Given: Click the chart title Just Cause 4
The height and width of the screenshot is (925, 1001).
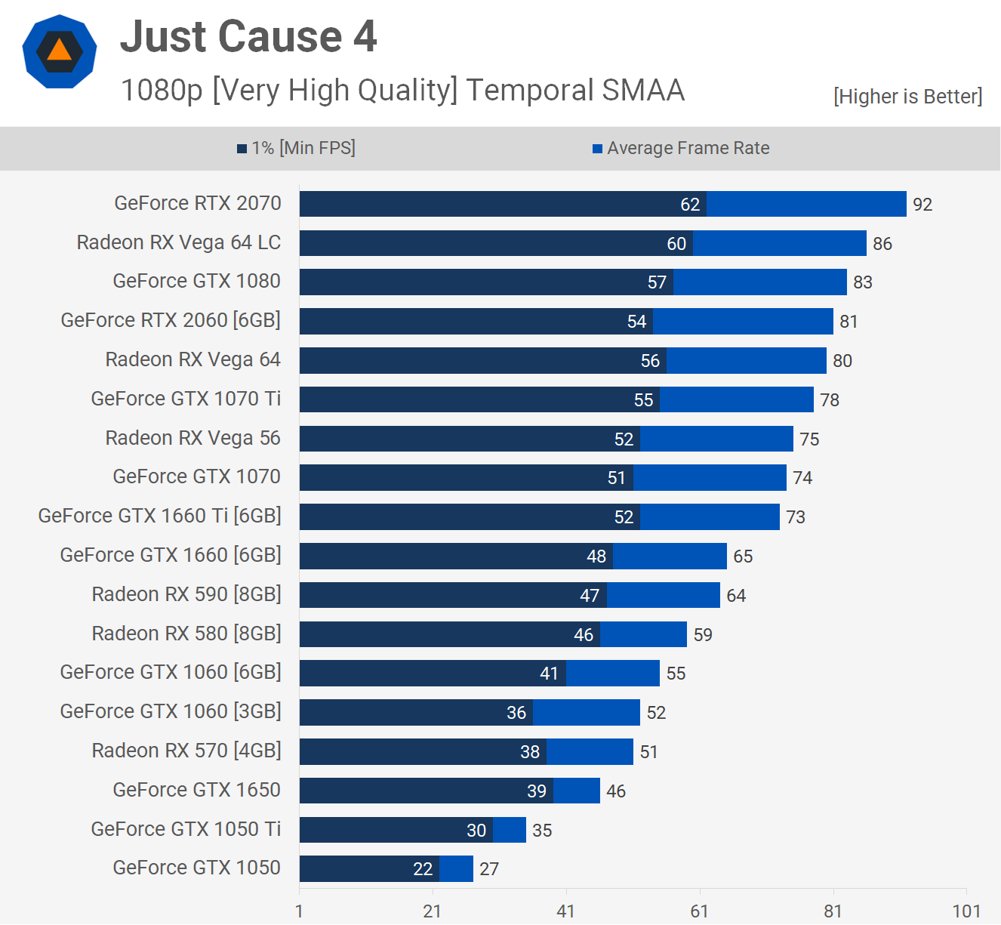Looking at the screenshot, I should pyautogui.click(x=248, y=36).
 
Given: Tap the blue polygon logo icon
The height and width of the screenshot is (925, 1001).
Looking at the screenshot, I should pyautogui.click(x=60, y=51).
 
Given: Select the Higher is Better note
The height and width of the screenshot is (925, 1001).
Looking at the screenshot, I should pyautogui.click(x=907, y=97).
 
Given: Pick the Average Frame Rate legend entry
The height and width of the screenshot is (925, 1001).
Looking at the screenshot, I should pyautogui.click(x=681, y=148).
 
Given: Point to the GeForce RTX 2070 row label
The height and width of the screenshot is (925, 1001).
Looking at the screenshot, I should pyautogui.click(x=198, y=203).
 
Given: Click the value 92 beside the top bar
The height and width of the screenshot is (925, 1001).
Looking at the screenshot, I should pyautogui.click(x=922, y=205).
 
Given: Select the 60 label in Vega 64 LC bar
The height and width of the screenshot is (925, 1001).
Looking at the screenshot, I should pyautogui.click(x=676, y=244).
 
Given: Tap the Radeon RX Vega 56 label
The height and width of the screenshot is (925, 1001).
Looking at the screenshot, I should pyautogui.click(x=193, y=438).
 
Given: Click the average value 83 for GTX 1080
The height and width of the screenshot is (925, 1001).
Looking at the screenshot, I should pyautogui.click(x=863, y=282).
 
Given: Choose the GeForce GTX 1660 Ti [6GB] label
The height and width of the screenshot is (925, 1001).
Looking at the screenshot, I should pyautogui.click(x=160, y=516).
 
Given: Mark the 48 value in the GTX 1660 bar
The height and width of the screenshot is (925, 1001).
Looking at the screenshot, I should pyautogui.click(x=596, y=557).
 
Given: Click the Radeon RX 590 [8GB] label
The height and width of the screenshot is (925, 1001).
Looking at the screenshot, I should pyautogui.click(x=186, y=594).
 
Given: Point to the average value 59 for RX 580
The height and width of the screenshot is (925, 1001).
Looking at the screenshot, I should pyautogui.click(x=703, y=635).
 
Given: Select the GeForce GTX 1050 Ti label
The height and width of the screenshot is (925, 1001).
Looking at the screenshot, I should pyautogui.click(x=186, y=829).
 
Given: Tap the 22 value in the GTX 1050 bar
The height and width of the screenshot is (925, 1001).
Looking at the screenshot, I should pyautogui.click(x=423, y=869).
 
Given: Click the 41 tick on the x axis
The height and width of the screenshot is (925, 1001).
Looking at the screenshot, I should pyautogui.click(x=566, y=911).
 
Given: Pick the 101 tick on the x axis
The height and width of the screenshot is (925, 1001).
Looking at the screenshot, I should pyautogui.click(x=966, y=911).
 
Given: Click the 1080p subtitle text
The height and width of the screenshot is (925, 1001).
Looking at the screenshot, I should pyautogui.click(x=402, y=91).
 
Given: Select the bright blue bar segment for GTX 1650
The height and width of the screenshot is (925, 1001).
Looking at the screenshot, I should pyautogui.click(x=577, y=791).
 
